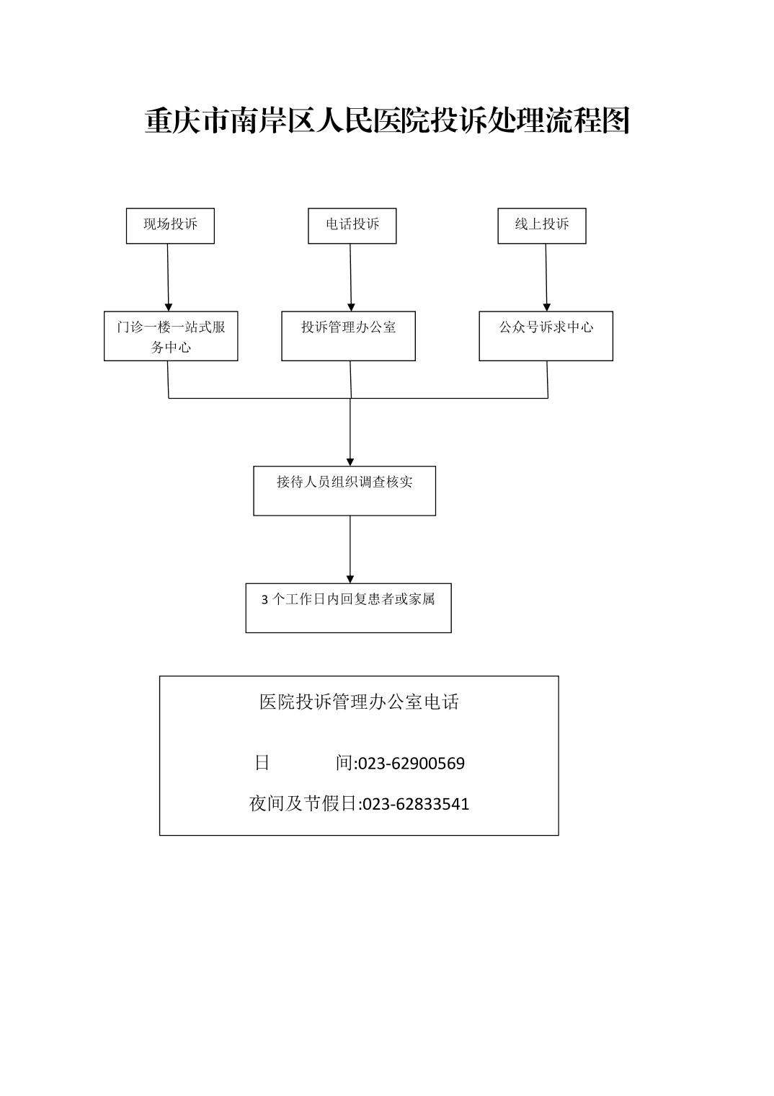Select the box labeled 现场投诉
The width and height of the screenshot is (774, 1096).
click(170, 226)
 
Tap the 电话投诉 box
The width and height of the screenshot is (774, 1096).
click(352, 226)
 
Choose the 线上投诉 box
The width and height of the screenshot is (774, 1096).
click(542, 226)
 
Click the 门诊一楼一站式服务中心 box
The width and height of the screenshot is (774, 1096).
click(171, 336)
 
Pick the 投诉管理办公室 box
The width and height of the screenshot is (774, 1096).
click(348, 336)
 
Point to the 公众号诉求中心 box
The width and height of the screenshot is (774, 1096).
click(546, 336)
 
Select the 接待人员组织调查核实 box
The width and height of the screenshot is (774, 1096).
click(344, 491)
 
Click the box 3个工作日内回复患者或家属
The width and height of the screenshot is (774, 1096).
click(348, 608)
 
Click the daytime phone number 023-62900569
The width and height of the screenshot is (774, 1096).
click(412, 764)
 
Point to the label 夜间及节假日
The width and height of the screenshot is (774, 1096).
click(303, 803)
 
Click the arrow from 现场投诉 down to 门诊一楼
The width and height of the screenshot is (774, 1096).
click(168, 278)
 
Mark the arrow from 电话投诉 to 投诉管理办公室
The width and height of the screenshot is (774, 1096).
click(350, 278)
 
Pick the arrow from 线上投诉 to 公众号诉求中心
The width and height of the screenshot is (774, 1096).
click(547, 278)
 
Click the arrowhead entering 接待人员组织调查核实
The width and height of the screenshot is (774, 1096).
click(350, 462)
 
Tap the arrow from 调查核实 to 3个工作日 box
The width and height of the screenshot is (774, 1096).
click(350, 549)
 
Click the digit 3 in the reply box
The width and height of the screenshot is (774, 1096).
click(264, 600)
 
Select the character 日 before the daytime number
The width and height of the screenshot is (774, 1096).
click(262, 763)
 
